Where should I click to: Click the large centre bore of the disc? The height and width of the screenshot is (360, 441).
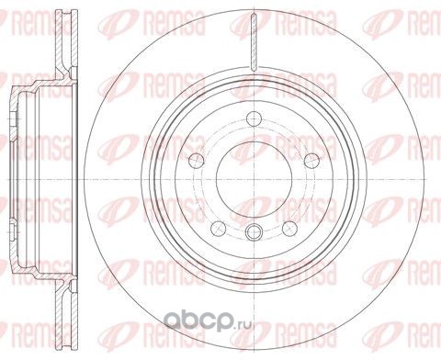click(x=254, y=180)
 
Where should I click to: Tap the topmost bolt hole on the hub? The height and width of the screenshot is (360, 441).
click(x=254, y=118)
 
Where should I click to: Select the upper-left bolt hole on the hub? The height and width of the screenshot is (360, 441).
click(x=197, y=160)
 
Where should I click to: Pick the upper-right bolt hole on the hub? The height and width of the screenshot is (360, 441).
click(x=312, y=160)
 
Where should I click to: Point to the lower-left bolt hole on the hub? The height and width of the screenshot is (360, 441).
click(x=219, y=229)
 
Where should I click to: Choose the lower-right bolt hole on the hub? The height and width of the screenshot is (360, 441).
click(x=290, y=229)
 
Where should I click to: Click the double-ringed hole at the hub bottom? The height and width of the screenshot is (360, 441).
click(x=254, y=231)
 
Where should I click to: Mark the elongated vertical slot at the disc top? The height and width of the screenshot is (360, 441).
click(x=254, y=43)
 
